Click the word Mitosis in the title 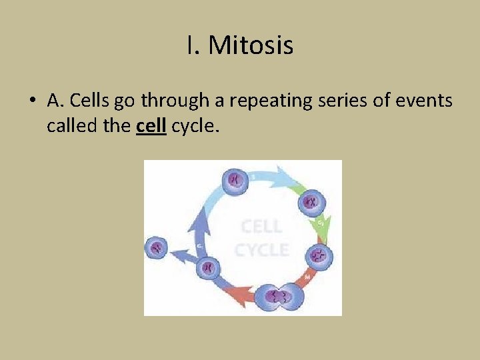(x=251, y=46)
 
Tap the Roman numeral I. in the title (x=193, y=46)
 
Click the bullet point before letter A (x=32, y=101)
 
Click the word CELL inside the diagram (x=261, y=227)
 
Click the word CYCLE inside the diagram (x=261, y=250)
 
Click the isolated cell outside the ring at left (x=157, y=248)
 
